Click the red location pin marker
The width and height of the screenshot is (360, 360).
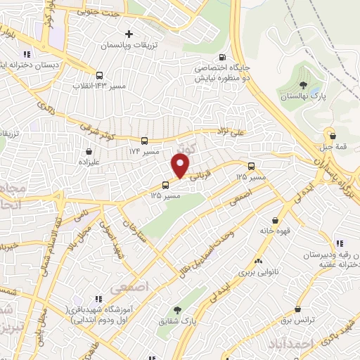[181, 166]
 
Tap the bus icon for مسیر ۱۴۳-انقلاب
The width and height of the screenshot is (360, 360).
[99, 75]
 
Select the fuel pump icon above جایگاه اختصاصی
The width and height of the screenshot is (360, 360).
[223, 58]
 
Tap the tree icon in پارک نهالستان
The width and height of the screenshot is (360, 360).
[302, 84]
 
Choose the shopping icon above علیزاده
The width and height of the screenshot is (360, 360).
[89, 150]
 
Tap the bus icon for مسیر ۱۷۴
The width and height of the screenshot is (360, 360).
[144, 141]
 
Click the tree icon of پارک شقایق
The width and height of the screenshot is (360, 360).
[176, 309]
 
